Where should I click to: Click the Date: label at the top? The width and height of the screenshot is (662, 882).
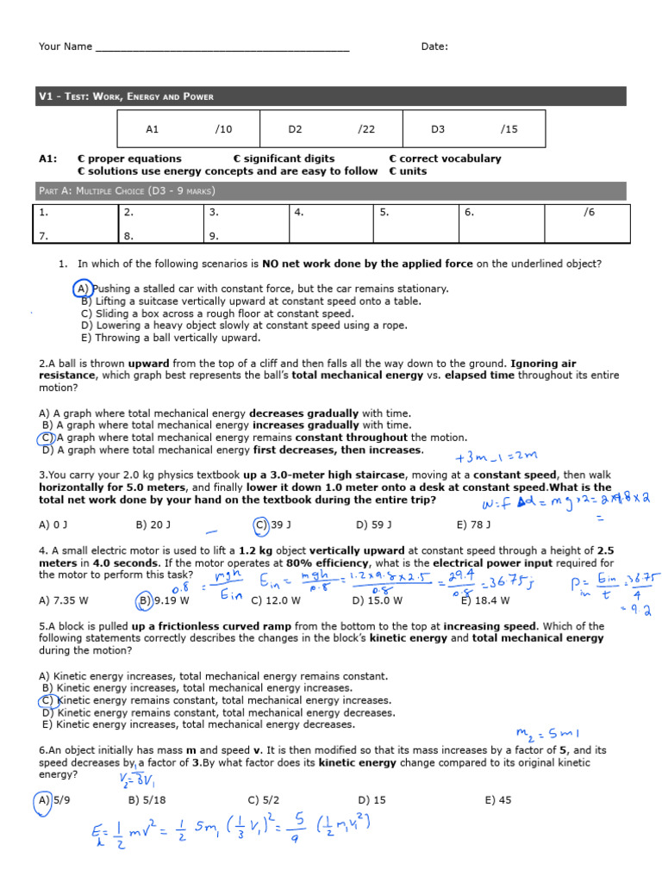tap(434, 47)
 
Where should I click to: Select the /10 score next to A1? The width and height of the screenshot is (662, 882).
tap(223, 129)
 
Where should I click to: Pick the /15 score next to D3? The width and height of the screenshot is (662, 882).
tap(509, 129)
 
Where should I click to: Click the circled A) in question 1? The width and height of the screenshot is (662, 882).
tap(82, 289)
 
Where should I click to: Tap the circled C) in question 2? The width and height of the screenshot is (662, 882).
tap(47, 438)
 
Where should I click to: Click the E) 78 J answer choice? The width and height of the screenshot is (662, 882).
tap(473, 524)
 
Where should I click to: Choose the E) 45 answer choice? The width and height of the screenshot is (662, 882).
tap(497, 800)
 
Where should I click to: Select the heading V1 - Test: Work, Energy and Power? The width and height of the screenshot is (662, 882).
tap(126, 96)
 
